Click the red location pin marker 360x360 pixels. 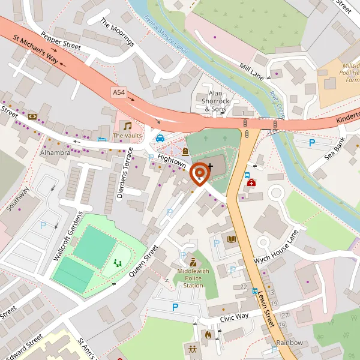pos(199,173)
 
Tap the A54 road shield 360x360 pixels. pos(119,92)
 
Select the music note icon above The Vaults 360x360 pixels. pos(127,125)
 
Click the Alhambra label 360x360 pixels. pos(56,152)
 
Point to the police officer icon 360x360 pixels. pos(193,262)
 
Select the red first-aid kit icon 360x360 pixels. pos(251,182)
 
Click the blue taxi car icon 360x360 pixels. pos(160,137)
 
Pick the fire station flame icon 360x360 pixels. pos(208,334)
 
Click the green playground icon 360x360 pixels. pos(118,263)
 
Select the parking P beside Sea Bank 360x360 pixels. pos(311,143)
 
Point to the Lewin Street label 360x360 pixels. pos(265,307)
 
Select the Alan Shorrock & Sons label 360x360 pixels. pos(215,101)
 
